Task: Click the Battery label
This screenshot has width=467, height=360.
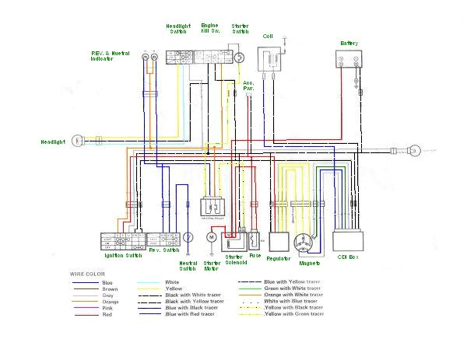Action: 348,43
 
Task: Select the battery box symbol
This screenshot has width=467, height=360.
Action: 348,61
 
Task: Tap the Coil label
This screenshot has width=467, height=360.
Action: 268,37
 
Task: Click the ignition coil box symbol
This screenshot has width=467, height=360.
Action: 272,61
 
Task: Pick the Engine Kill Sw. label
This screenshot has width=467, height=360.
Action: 209,29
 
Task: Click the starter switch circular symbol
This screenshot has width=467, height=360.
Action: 241,56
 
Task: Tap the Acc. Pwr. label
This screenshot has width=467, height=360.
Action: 249,85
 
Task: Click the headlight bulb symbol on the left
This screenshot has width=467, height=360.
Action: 77,141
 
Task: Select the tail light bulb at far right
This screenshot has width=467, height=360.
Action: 415,149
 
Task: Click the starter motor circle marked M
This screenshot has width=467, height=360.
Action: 210,236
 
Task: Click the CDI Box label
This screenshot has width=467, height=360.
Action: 347,257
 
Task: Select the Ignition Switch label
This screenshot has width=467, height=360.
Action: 123,255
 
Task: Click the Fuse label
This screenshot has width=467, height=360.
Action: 255,256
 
